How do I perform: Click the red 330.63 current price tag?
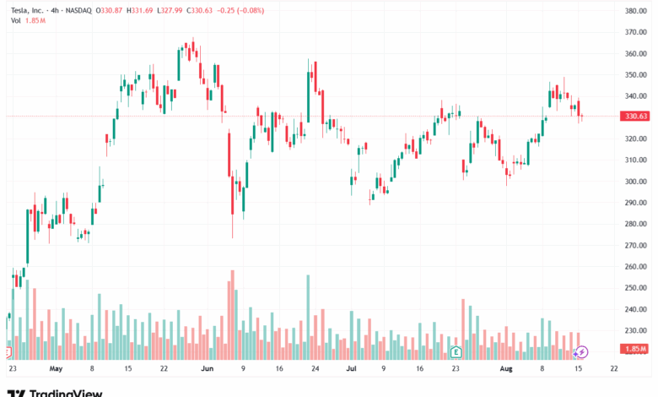coord(635,117)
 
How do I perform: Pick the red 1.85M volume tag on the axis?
coord(635,349)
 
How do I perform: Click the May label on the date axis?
coord(56,369)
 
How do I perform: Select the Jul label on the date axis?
coord(350,369)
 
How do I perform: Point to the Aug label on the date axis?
coord(506,369)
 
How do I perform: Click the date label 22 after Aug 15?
coord(613,369)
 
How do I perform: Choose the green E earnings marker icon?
coord(456,351)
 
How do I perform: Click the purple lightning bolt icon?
coord(580,351)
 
